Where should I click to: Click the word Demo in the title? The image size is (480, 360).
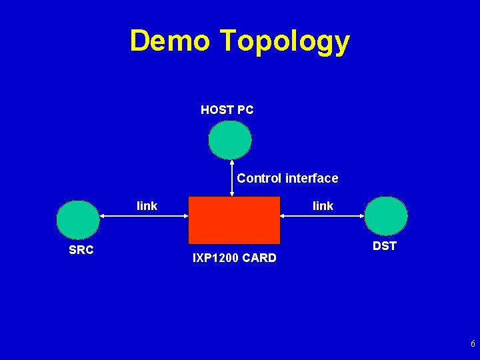(x=171, y=41)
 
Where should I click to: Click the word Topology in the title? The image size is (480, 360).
(x=285, y=41)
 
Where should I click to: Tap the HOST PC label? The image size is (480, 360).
(x=227, y=110)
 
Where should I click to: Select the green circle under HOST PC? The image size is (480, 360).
(x=230, y=140)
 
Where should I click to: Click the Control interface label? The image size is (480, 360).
(x=287, y=178)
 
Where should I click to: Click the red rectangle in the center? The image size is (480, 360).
(x=234, y=220)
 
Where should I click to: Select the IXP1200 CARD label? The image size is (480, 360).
(x=234, y=258)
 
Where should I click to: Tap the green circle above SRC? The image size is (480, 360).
(x=78, y=220)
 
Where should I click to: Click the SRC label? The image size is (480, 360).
(x=81, y=251)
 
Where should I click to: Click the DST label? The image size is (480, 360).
(x=385, y=246)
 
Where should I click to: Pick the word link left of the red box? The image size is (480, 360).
(x=147, y=206)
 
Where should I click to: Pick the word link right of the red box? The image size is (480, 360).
(x=323, y=206)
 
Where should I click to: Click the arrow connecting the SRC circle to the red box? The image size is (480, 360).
(x=144, y=215)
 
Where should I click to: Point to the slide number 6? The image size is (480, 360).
(x=473, y=345)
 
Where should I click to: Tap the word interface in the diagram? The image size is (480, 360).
(x=311, y=178)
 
